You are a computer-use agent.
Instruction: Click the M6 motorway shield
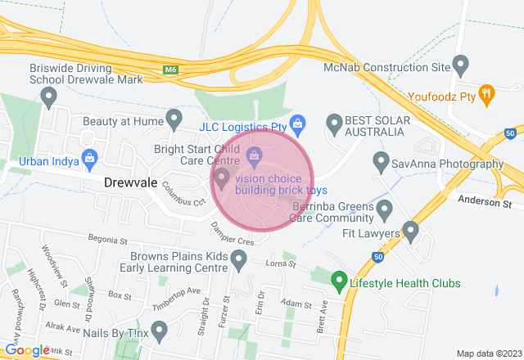[169, 70]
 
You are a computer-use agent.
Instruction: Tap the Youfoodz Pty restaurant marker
[486, 94]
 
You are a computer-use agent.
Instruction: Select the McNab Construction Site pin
[460, 63]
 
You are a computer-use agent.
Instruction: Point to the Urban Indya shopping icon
[90, 157]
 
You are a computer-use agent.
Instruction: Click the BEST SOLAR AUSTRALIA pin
[334, 124]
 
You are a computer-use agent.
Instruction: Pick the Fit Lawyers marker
[410, 232]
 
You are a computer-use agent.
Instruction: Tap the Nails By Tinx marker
[160, 331]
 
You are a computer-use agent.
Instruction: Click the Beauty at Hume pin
[174, 119]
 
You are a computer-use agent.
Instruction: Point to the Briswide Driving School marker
[48, 98]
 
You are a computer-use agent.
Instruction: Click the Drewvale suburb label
[130, 184]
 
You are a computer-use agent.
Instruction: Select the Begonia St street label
[109, 241]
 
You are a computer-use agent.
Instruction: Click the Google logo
[27, 350]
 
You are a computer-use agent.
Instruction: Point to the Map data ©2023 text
[488, 353]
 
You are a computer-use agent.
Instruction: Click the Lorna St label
[280, 264]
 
